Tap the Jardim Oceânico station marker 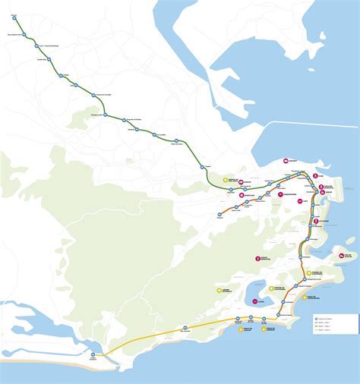(x=93, y=354)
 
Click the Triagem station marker (x=203, y=167)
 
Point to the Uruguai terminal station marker (x=219, y=215)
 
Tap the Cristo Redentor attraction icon (x=258, y=259)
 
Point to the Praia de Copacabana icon (x=305, y=297)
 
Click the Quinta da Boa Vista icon (x=226, y=180)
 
